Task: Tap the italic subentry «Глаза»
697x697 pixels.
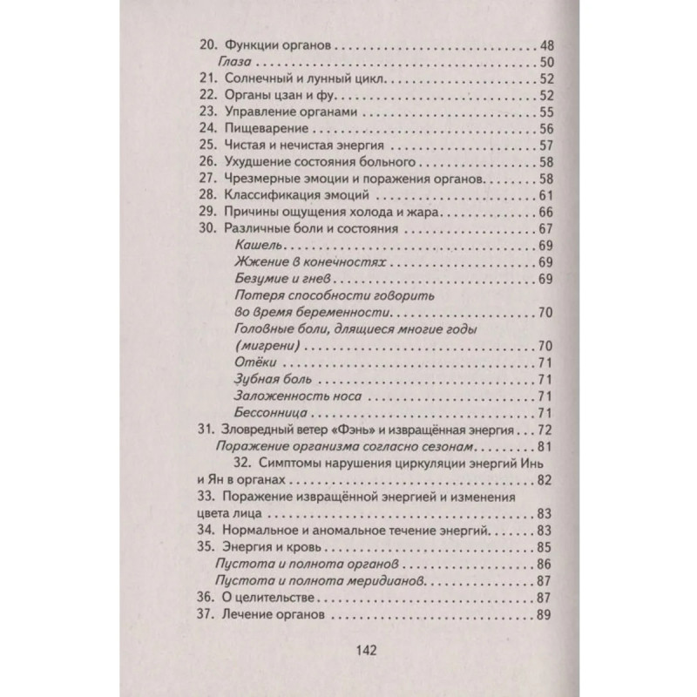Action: [x=233, y=62]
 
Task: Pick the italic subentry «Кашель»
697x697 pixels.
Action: [x=257, y=246]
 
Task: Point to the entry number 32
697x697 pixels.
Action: [x=246, y=463]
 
